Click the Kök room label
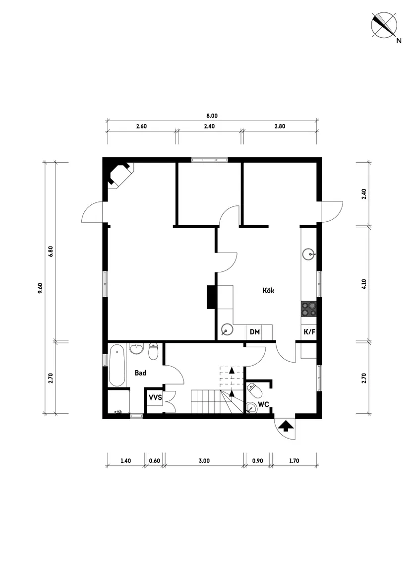268,290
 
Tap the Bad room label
140,373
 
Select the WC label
263,404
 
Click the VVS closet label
155,398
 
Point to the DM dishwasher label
255,332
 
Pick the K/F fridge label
309,332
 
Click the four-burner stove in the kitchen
309,309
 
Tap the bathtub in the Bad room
117,365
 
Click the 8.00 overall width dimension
212,116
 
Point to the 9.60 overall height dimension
40,288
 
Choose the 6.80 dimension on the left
51,252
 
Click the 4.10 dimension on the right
364,284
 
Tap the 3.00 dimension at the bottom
204,460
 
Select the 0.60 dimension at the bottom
155,460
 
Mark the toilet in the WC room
255,389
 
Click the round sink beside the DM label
227,329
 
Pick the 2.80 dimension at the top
280,126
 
